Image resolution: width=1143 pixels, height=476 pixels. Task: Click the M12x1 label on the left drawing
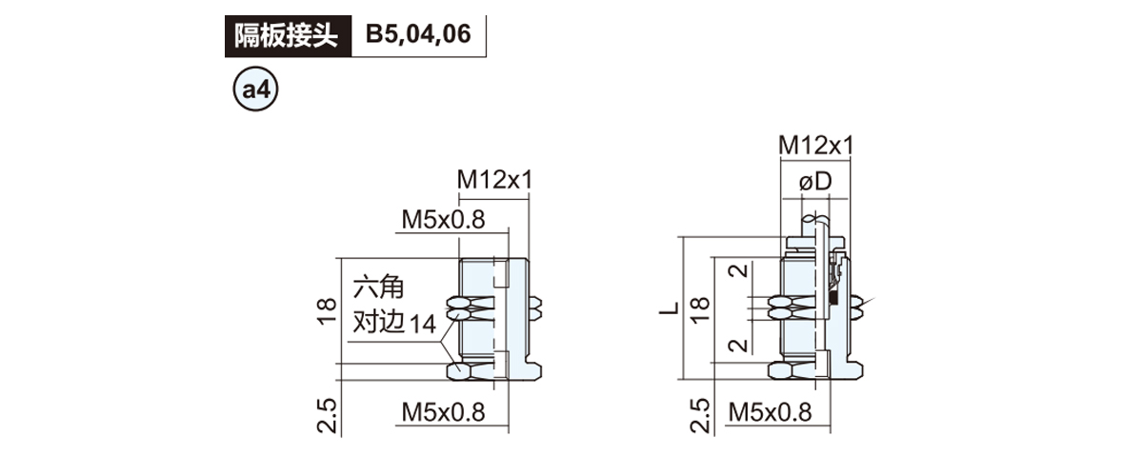(493, 179)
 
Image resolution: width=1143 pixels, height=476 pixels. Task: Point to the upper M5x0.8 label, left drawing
(443, 220)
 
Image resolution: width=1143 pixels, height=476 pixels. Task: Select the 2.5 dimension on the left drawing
(327, 416)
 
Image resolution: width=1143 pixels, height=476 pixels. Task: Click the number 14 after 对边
(424, 324)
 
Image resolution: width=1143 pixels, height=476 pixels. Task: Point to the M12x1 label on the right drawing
(815, 145)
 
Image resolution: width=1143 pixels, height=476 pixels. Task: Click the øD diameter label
(815, 182)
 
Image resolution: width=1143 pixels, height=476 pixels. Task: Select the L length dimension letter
(670, 307)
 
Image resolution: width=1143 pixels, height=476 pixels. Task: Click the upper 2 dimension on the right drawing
(737, 277)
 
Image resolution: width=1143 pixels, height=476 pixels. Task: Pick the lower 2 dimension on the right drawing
(737, 345)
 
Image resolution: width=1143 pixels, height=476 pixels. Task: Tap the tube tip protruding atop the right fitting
(817, 227)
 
